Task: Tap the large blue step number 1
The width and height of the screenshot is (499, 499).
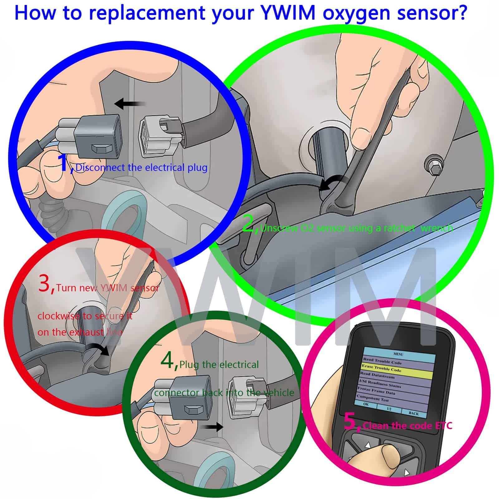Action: [x=64, y=163]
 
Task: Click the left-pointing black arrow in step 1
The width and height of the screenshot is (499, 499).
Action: [x=129, y=104]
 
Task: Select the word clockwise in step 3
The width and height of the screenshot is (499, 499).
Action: [x=59, y=316]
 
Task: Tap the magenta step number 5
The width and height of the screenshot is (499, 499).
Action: [x=351, y=422]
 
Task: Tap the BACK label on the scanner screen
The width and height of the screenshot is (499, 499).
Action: [x=414, y=414]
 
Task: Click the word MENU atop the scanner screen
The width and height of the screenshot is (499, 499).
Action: [x=398, y=354]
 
